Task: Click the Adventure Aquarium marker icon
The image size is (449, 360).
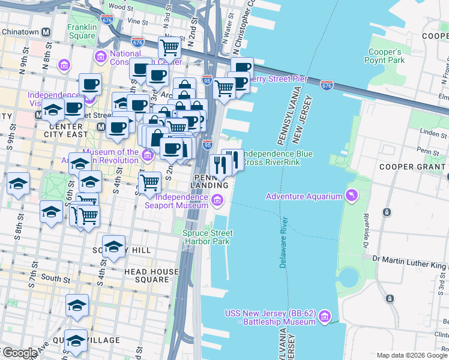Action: point(351,196)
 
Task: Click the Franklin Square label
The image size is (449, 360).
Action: point(81,31)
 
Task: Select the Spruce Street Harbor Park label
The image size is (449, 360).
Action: point(207,237)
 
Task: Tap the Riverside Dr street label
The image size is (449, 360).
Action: point(366,228)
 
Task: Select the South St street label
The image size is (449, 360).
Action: point(55,278)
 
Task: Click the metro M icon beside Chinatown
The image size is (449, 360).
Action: point(51,32)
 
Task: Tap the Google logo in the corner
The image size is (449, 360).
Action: point(20,353)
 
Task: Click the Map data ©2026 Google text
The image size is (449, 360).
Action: point(412,355)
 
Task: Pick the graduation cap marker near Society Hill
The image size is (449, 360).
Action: point(113,247)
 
